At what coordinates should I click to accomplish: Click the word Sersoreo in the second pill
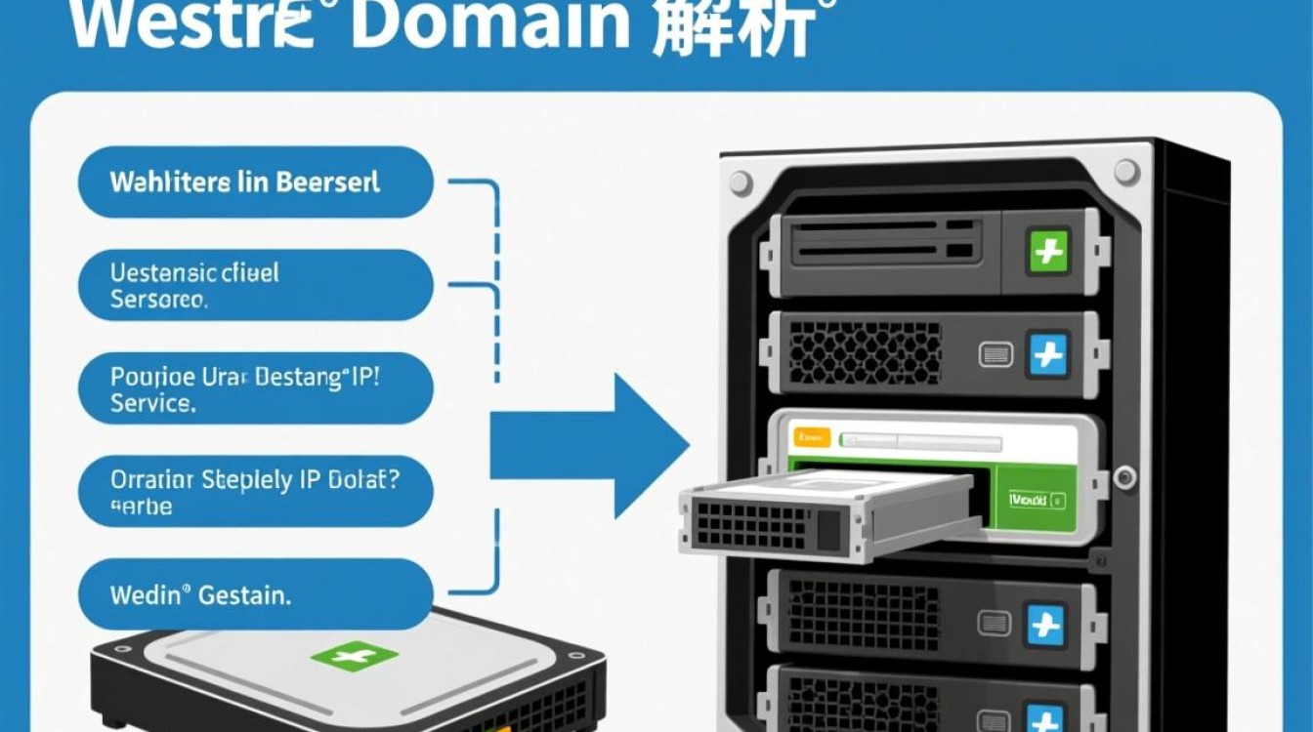pos(158,299)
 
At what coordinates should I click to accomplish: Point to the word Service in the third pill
pos(153,402)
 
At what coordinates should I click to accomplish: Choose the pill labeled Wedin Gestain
pos(255,594)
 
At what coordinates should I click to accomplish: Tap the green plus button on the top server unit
pos(1048,251)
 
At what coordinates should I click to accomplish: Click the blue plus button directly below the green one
pos(1048,353)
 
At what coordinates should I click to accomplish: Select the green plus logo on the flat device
pos(354,656)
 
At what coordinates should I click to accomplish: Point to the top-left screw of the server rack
pos(741,183)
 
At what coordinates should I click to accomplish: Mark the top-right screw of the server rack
pos(1126,173)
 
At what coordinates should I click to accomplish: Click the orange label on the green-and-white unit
pos(812,436)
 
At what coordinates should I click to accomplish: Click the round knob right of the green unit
pos(1125,477)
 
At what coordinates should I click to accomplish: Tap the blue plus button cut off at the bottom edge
pos(1045,720)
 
